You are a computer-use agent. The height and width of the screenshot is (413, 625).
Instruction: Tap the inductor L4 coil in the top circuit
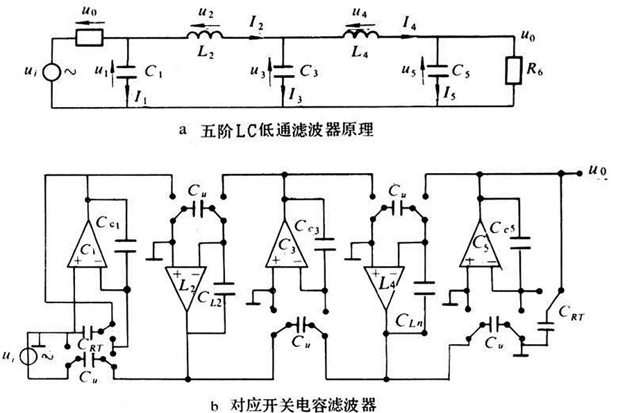click(360, 35)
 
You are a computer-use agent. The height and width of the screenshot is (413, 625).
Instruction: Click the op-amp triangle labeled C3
click(285, 245)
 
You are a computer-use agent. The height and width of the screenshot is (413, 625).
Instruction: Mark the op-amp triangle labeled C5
click(480, 245)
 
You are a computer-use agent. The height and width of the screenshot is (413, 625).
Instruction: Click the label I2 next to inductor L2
click(256, 26)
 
